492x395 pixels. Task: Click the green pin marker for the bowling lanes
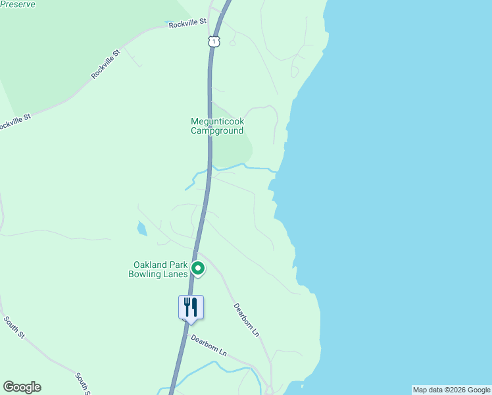(x=197, y=269)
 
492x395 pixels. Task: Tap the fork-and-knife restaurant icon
(x=191, y=307)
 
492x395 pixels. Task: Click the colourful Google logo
(x=22, y=387)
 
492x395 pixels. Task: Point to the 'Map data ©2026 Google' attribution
(x=451, y=390)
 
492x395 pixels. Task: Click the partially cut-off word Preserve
(x=18, y=3)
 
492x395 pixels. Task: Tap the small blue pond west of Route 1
(x=142, y=229)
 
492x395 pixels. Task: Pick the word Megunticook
(x=218, y=121)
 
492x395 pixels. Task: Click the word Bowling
(x=145, y=275)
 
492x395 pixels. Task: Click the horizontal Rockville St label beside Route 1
(x=187, y=24)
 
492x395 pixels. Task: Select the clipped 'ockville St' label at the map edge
(x=14, y=122)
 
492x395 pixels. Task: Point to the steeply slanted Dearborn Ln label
(x=247, y=320)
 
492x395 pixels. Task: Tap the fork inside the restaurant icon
(x=187, y=306)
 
